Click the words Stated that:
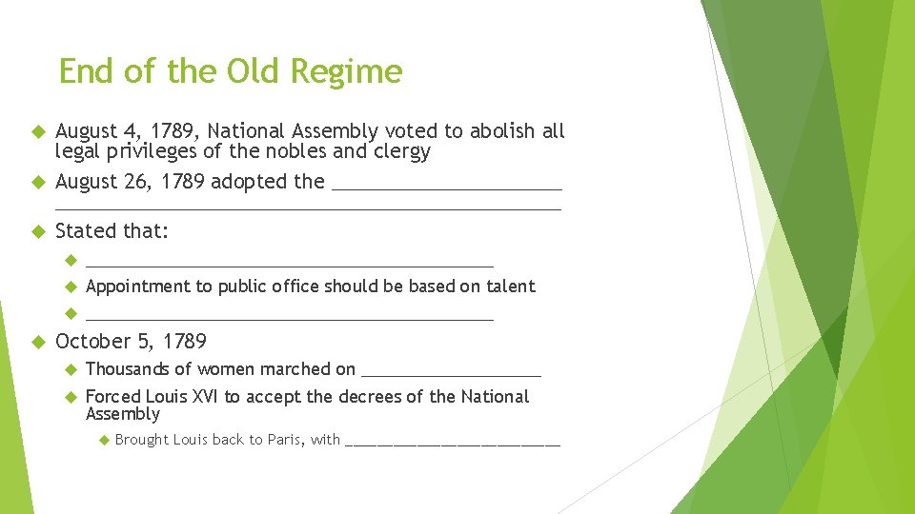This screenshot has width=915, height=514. (112, 230)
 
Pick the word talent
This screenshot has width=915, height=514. (511, 287)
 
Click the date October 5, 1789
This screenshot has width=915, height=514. (131, 341)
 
